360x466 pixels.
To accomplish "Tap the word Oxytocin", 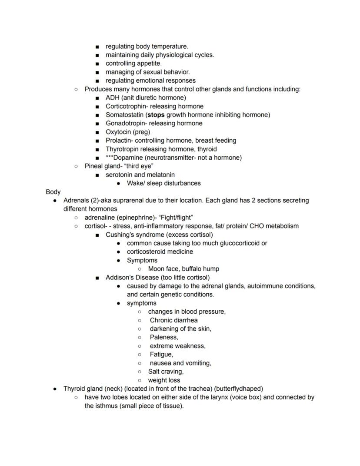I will (119, 132).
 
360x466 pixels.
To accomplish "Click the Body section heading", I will (53, 192).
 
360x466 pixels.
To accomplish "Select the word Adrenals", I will (76, 201).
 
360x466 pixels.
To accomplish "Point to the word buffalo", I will (193, 269).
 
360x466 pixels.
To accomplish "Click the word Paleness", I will (164, 337).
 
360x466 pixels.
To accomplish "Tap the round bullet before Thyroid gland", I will (55, 389).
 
